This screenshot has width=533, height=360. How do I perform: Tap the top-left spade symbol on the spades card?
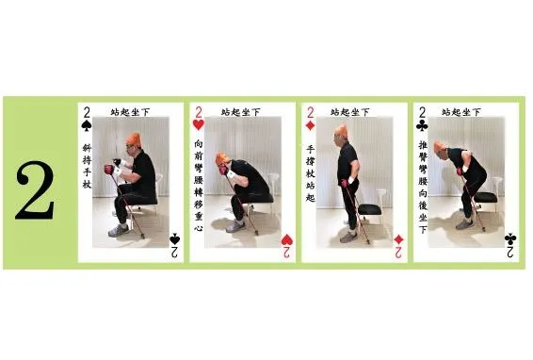87,125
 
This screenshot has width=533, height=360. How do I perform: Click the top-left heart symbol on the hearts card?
199,125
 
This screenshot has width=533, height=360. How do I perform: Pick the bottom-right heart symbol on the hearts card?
286,238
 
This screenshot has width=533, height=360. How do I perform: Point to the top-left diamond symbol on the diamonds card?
310,125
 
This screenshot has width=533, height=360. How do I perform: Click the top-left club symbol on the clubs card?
422,125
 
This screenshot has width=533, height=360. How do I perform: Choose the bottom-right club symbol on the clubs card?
509,238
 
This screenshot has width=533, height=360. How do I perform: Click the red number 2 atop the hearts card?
199,110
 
